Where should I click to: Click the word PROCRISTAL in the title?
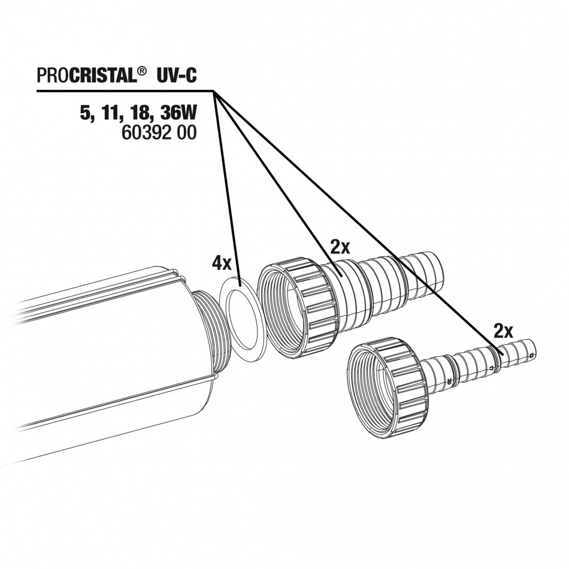(x=87, y=76)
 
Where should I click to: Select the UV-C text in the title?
(x=177, y=76)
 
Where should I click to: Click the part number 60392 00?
(x=159, y=132)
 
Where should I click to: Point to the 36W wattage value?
(x=178, y=114)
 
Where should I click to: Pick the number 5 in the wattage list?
(x=84, y=114)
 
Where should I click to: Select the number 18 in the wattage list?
(x=137, y=114)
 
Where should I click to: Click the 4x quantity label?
(x=222, y=264)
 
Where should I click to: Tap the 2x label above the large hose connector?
(x=340, y=247)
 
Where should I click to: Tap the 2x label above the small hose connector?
(x=503, y=331)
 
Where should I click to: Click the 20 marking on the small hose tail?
(x=449, y=381)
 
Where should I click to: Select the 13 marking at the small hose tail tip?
(x=532, y=355)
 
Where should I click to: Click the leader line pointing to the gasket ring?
(x=227, y=188)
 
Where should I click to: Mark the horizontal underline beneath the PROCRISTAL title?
(x=125, y=90)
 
